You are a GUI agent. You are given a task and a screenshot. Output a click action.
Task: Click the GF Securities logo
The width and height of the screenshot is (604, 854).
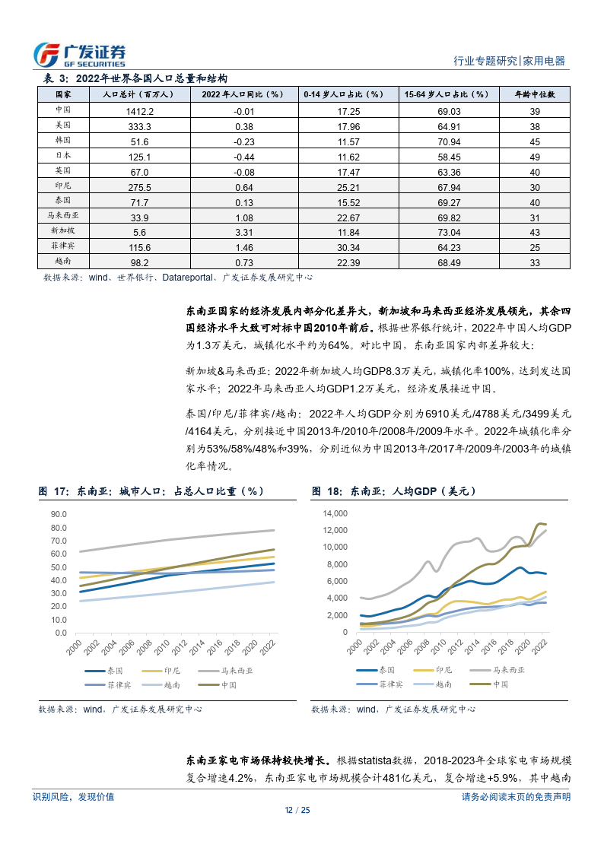coord(80,54)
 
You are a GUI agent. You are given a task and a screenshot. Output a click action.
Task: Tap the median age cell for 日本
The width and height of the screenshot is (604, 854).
coord(535,156)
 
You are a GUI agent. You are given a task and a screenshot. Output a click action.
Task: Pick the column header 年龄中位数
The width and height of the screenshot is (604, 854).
coord(535,95)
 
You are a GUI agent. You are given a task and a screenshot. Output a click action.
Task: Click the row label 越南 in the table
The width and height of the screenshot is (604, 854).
coord(63,262)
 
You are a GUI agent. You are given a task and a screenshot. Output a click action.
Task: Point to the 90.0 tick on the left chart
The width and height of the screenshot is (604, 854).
coord(59,514)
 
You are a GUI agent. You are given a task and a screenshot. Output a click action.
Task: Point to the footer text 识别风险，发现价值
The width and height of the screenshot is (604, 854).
coord(73,796)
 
